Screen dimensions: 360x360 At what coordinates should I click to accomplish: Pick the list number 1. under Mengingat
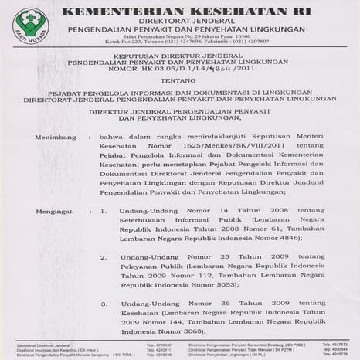(x=105, y=209)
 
